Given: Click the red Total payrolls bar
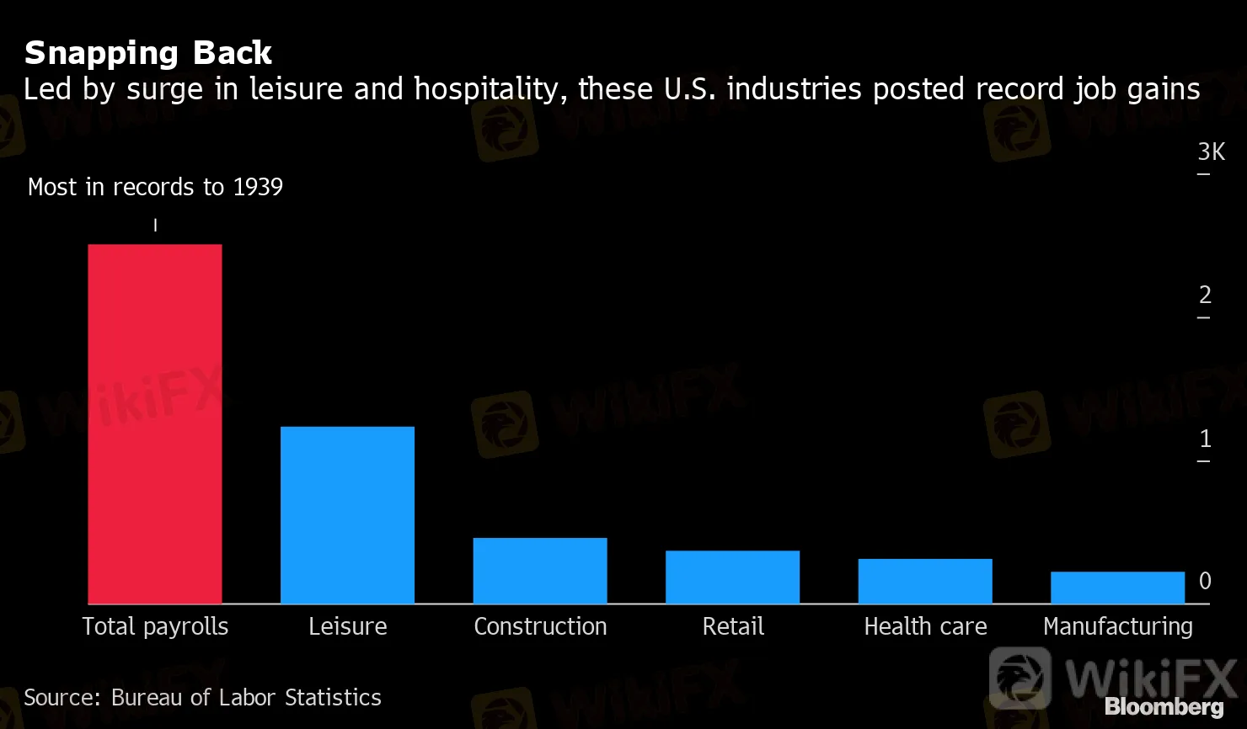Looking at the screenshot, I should pos(155,424).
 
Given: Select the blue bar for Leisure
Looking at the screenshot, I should pos(347,515).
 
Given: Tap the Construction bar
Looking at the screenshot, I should pos(540,571).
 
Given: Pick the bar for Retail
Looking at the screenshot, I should pos(732,577).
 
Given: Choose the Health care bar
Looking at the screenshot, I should pos(925,581).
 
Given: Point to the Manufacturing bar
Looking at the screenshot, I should pos(1117,588).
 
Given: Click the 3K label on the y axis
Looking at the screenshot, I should pos(1211,152).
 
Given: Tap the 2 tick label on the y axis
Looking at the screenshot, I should pos(1205,295).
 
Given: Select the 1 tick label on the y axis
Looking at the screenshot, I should pos(1205,439).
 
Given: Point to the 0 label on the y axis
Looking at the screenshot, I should pos(1205,581).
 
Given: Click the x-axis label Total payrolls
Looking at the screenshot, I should pos(155,627).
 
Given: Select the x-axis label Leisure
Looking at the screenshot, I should pos(347,627).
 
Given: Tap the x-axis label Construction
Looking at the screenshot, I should pos(540,627).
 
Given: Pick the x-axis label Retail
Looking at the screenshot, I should pos(733,627).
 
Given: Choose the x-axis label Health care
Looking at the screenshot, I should pos(925,627).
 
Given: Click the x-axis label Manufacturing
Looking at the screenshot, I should pos(1117,627).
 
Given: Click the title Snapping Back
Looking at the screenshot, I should pos(148,53).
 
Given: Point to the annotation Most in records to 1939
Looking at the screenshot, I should pos(155,187).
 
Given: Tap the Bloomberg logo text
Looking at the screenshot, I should pos(1164,707).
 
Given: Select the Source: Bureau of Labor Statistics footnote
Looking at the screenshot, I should pos(202,698).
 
